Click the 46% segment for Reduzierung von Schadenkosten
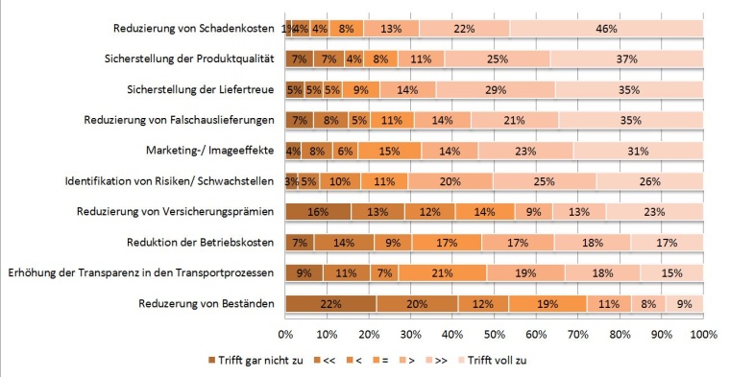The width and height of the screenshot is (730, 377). pos(606,29)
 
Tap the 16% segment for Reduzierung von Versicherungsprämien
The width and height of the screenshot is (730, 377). pos(318,212)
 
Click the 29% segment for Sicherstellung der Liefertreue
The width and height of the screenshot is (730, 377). pos(496,90)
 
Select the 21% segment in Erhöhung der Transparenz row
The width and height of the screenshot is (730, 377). pos(443,273)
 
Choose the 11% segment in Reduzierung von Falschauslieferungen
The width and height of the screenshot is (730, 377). pos(391,120)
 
